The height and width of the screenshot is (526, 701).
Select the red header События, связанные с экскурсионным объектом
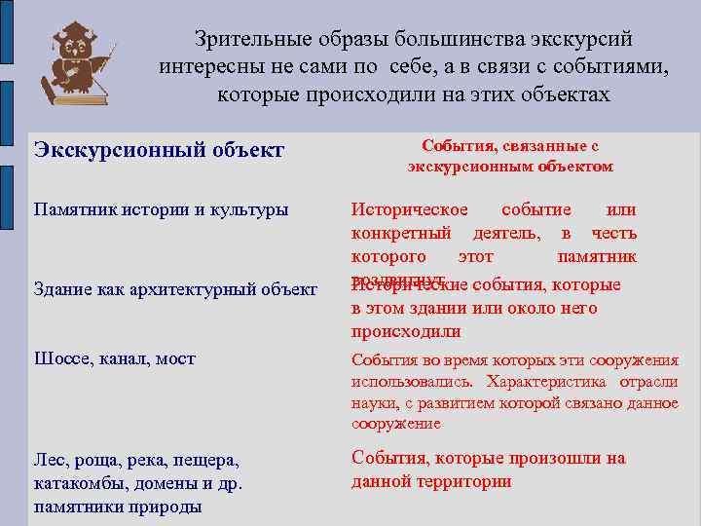pyautogui.click(x=509, y=156)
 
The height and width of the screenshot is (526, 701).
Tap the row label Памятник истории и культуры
pyautogui.click(x=161, y=210)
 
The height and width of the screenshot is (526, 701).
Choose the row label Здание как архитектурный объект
pyautogui.click(x=175, y=289)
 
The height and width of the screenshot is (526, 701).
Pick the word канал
pyautogui.click(x=123, y=358)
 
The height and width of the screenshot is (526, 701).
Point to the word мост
pyautogui.click(x=176, y=358)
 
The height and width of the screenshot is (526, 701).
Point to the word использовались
pyautogui.click(x=412, y=382)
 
